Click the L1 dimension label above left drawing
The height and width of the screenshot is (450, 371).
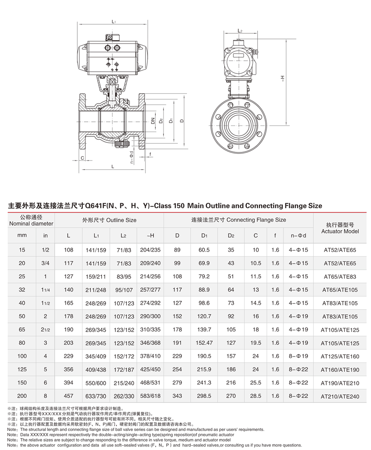[x=113, y=22]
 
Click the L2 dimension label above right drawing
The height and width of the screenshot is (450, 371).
[x=240, y=31]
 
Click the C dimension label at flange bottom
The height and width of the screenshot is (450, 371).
[x=82, y=158]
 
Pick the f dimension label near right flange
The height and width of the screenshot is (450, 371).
[x=151, y=154]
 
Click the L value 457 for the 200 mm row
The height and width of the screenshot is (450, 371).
[x=69, y=396]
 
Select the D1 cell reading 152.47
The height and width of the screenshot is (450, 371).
[x=204, y=343]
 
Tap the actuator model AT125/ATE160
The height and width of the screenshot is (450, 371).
[x=340, y=356]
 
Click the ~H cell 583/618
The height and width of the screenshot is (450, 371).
[x=150, y=396]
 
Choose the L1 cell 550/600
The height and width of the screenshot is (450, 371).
[x=96, y=383]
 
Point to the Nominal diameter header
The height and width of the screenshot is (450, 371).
[x=31, y=220]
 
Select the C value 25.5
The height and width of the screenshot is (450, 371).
[x=256, y=383]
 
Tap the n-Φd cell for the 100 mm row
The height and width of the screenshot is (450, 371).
[x=298, y=356]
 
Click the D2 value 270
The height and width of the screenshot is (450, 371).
[x=231, y=396]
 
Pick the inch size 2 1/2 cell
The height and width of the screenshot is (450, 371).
[x=46, y=329]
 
